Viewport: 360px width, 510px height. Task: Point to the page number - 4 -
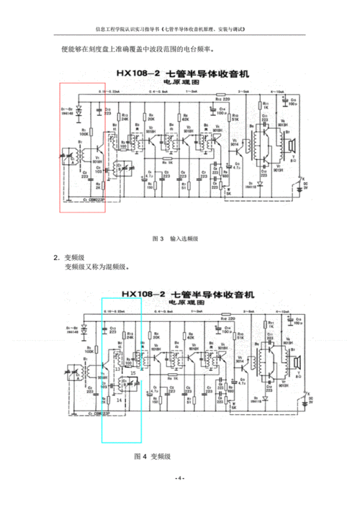click(x=179, y=479)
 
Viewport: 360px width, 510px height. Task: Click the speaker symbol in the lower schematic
click(x=296, y=364)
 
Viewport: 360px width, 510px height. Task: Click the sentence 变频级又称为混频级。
click(x=96, y=267)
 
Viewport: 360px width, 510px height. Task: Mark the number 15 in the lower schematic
click(x=131, y=373)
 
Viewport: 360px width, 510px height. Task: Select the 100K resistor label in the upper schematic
click(x=84, y=134)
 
